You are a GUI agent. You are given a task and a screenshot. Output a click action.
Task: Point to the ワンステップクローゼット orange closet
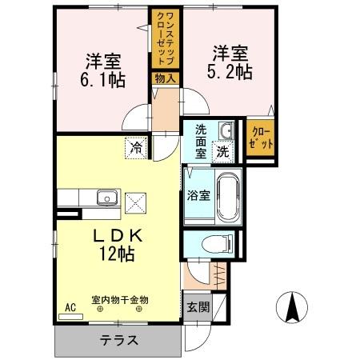[x=166, y=40]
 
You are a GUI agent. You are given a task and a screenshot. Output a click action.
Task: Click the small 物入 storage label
[x=165, y=78]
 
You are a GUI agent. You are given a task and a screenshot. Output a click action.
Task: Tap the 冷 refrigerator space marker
[x=136, y=146]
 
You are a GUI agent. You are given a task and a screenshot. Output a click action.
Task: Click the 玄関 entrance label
[x=196, y=307]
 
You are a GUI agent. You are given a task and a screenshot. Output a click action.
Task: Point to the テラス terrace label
[x=118, y=338]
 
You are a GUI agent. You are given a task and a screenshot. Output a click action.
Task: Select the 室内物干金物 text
[x=120, y=300]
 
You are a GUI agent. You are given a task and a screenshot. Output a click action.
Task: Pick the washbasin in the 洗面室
[x=226, y=130]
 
